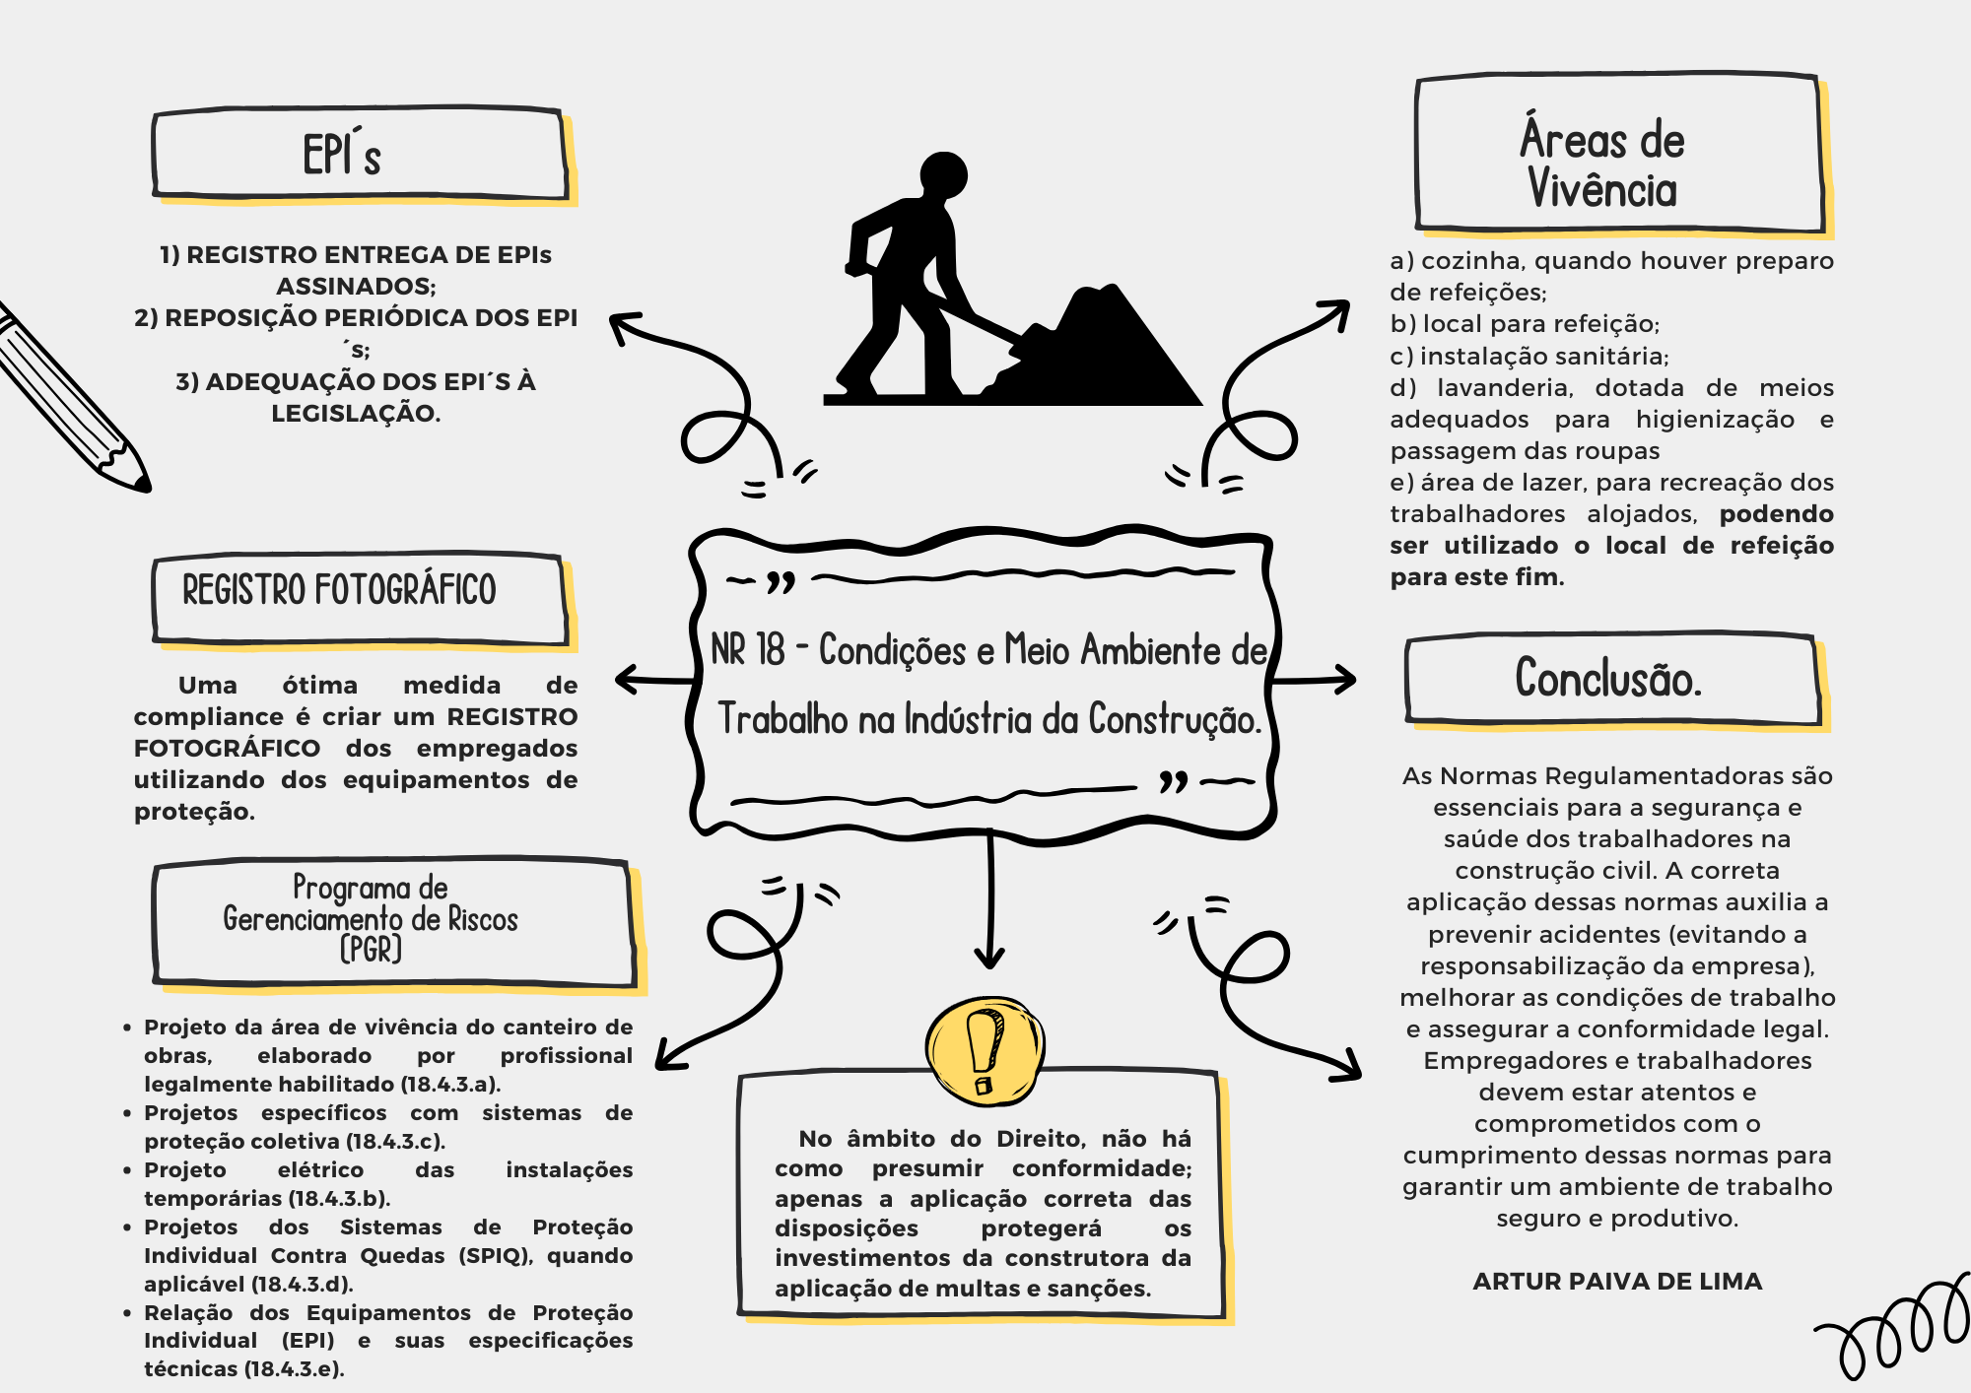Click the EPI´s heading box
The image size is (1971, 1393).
click(x=360, y=155)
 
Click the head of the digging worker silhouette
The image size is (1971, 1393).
click(x=943, y=176)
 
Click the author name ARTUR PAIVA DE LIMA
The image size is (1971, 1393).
click(x=1617, y=1282)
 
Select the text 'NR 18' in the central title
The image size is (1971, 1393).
click(x=748, y=650)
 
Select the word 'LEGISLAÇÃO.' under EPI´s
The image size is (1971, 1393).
click(x=356, y=414)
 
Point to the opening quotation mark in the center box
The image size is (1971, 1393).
click(x=781, y=583)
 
